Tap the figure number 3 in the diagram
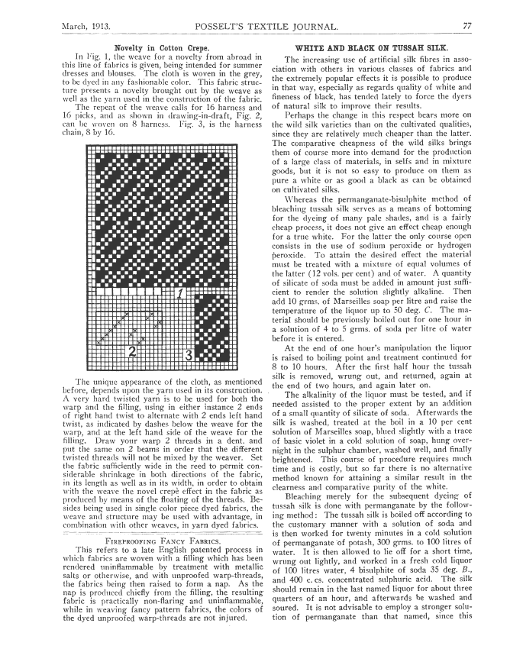(189, 354)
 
